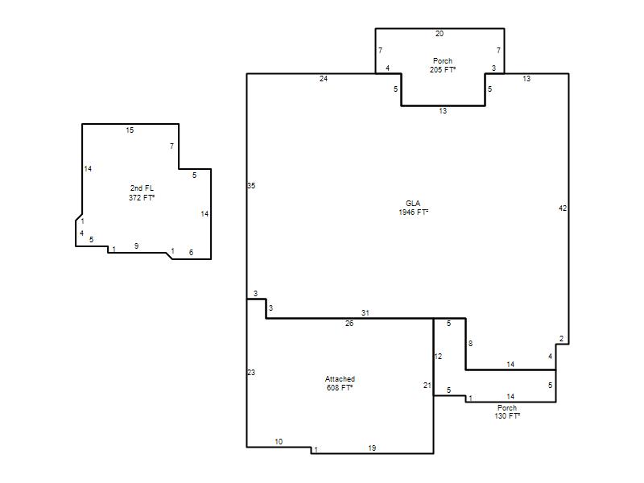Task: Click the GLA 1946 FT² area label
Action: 413,208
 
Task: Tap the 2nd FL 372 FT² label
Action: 142,192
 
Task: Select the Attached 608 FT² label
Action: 340,383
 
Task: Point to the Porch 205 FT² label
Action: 442,65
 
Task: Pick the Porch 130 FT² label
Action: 507,412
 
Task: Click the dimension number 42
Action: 563,208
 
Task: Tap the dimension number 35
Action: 251,186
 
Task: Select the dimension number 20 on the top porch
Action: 440,34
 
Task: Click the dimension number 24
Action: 324,78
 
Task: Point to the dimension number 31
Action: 365,313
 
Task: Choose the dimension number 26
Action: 349,324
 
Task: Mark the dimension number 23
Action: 251,373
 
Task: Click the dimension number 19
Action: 372,448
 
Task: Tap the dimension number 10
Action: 279,441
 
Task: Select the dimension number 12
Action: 438,356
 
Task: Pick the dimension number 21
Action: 427,386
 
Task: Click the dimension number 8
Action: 470,344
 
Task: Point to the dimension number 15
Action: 130,130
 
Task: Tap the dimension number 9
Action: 136,246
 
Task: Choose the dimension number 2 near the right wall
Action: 561,339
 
